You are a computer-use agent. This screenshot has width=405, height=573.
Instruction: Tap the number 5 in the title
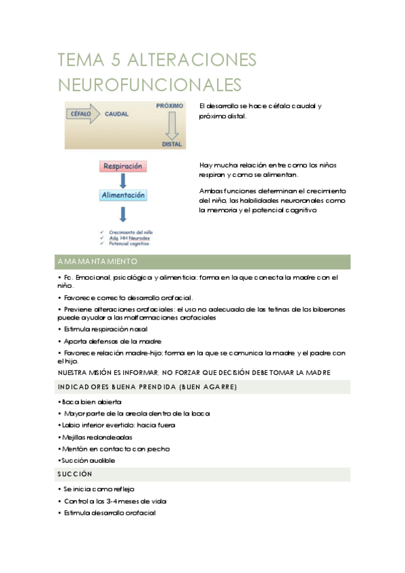114,60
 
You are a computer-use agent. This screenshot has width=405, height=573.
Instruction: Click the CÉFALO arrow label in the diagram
81,114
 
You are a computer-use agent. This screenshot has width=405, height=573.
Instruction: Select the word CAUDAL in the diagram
116,114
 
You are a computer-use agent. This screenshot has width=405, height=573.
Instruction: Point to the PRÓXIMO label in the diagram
170,107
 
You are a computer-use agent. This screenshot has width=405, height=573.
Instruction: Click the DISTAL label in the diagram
172,143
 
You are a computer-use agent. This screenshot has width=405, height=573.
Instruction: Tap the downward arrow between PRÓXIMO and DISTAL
172,125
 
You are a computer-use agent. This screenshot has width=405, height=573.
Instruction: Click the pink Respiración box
123,166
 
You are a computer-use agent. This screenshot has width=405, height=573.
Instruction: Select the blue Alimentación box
123,195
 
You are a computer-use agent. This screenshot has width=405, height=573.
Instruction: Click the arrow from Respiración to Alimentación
123,180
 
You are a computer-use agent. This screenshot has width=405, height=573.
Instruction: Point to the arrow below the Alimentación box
123,214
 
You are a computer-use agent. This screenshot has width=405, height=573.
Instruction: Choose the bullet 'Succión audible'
87,461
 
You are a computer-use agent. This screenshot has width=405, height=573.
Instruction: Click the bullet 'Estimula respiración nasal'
105,329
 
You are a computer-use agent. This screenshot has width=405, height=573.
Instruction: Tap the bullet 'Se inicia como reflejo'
101,489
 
